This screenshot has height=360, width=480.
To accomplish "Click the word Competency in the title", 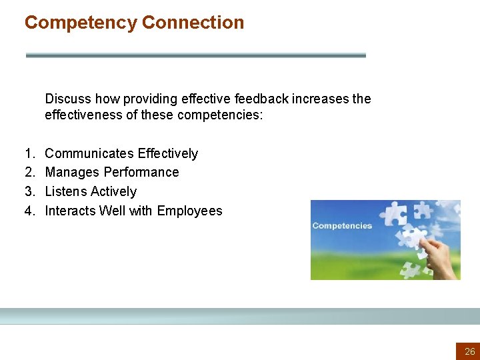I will coord(81,23).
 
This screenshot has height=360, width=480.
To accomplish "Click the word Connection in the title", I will coord(193,23).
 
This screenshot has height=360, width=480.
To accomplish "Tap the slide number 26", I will coord(470,351).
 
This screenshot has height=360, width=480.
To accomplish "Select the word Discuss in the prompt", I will coord(68,99).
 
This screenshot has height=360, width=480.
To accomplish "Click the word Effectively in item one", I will coord(168,153).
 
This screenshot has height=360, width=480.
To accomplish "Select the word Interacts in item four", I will coord(70,211).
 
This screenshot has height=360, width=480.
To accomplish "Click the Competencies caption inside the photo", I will coord(342,225).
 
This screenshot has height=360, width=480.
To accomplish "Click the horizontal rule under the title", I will coord(195,55).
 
